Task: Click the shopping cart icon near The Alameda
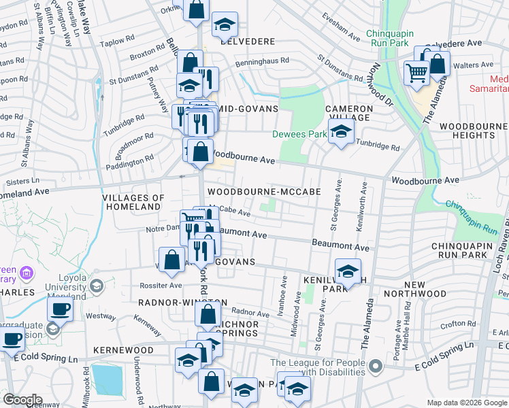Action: click(x=416, y=72)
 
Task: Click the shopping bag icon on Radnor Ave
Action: click(x=207, y=314)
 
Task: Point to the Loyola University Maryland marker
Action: click(x=96, y=286)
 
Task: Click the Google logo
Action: click(x=22, y=400)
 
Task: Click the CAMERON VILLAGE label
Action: click(x=349, y=113)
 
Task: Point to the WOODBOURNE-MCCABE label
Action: click(x=264, y=192)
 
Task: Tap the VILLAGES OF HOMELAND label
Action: click(x=133, y=202)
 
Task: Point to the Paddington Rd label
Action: click(x=129, y=162)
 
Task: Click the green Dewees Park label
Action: click(x=299, y=134)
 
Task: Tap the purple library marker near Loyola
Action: click(x=27, y=274)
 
